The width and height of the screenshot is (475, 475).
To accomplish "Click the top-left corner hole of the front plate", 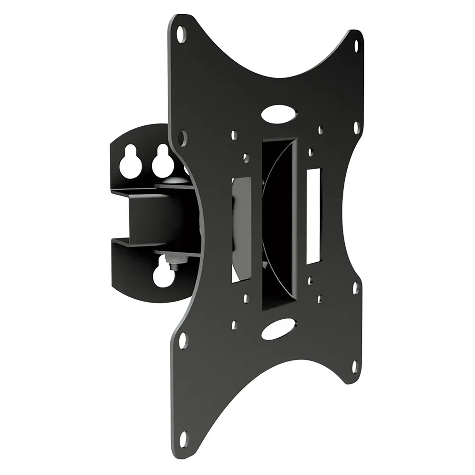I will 181,34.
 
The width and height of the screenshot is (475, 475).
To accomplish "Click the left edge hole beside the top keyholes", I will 182,138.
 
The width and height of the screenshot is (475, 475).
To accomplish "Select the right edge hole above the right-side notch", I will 356,127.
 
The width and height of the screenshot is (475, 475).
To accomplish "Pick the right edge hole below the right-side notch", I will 355,288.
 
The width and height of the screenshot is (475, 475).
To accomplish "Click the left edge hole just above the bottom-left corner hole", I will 182,340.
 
